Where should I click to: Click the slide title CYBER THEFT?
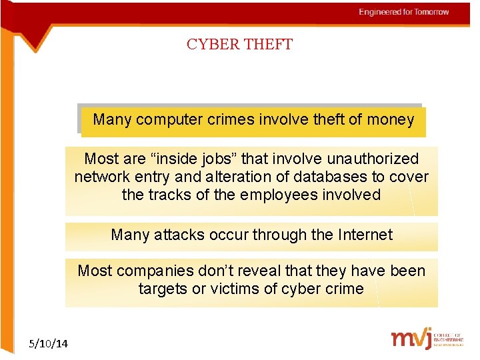[x=239, y=45]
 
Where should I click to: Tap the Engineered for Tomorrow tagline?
[x=404, y=12]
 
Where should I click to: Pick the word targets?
[x=163, y=289]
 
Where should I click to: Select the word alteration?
[x=206, y=177]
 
